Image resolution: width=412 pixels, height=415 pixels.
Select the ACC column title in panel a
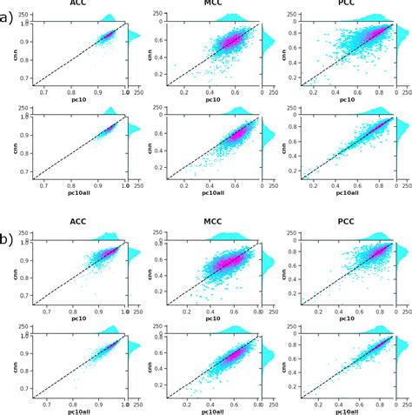[x=83, y=4]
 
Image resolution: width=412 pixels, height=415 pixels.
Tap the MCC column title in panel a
[x=213, y=4]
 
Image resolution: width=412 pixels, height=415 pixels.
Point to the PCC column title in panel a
[x=347, y=4]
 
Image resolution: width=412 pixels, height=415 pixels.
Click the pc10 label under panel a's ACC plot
[x=80, y=100]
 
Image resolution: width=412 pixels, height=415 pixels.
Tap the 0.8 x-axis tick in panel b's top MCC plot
[x=257, y=311]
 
